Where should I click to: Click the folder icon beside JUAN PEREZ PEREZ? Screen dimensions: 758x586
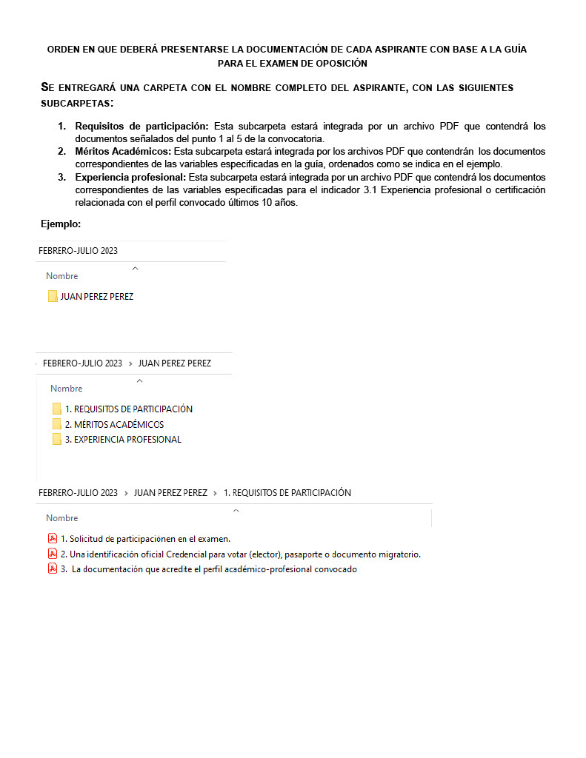pyautogui.click(x=53, y=296)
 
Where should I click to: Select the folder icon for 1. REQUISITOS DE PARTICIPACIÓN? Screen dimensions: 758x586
pyautogui.click(x=57, y=409)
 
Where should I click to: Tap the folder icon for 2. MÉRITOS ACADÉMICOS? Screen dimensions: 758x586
pyautogui.click(x=57, y=424)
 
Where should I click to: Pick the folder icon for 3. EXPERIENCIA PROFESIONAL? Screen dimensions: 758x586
pyautogui.click(x=57, y=439)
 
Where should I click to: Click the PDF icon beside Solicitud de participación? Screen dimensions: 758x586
pyautogui.click(x=53, y=538)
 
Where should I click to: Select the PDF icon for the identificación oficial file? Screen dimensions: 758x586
pyautogui.click(x=53, y=554)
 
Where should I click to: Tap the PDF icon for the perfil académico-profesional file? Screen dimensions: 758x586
pyautogui.click(x=53, y=568)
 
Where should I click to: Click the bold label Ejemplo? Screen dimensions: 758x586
pyautogui.click(x=61, y=224)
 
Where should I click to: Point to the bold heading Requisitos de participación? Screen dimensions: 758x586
pyautogui.click(x=142, y=126)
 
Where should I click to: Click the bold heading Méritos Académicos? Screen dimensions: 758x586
pyautogui.click(x=123, y=151)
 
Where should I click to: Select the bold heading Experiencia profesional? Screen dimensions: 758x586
pyautogui.click(x=130, y=177)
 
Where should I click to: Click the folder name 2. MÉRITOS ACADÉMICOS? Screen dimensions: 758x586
pyautogui.click(x=114, y=425)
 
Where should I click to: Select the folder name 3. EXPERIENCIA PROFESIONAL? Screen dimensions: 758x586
pyautogui.click(x=123, y=439)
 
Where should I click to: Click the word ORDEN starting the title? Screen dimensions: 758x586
pyautogui.click(x=63, y=49)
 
